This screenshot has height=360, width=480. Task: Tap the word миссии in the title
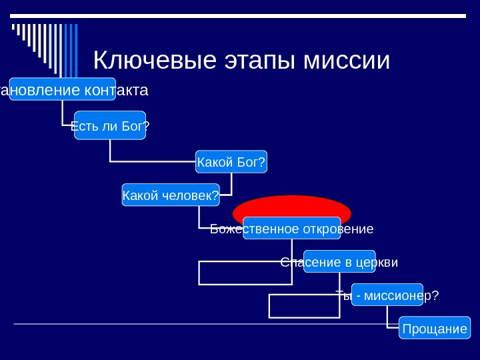tap(346, 61)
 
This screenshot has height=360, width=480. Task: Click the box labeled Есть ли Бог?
tap(110, 125)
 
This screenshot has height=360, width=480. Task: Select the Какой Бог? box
tap(231, 161)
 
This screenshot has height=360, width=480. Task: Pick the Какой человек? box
tap(171, 195)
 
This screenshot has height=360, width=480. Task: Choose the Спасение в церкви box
tap(339, 261)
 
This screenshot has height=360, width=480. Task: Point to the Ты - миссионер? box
tap(387, 295)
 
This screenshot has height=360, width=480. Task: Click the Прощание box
tap(434, 328)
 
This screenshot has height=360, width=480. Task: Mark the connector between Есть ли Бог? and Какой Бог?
tap(153, 161)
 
